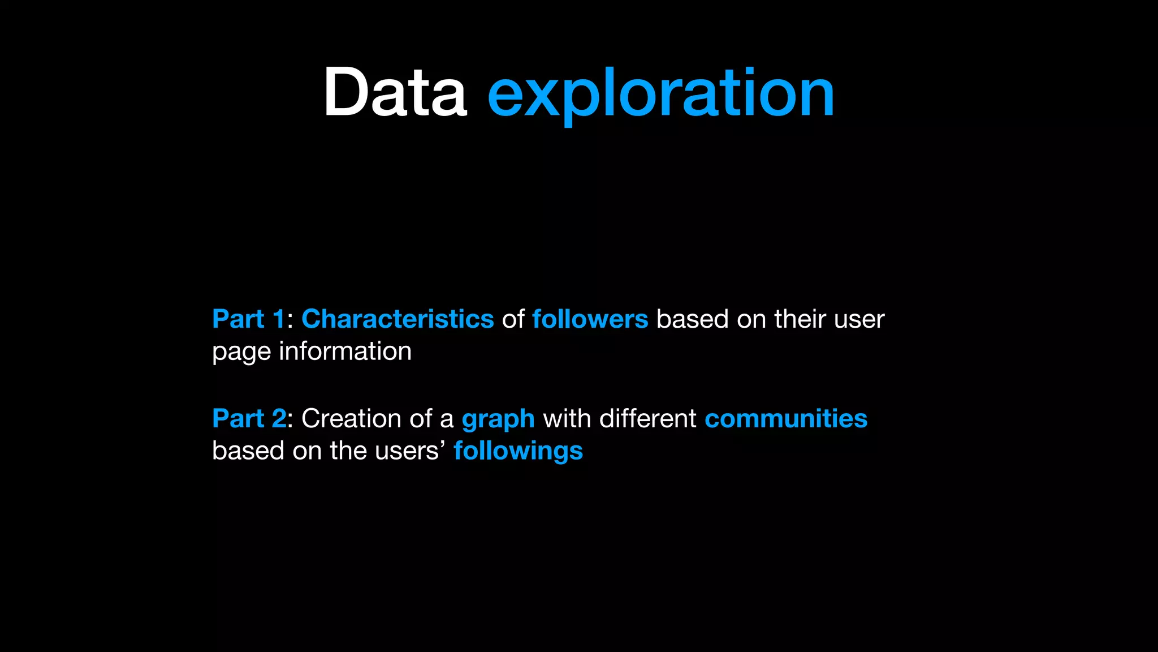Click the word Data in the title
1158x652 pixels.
tap(395, 92)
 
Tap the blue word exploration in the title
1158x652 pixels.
tap(660, 93)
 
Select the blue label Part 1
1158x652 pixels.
tap(248, 319)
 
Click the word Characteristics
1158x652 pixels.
tap(397, 319)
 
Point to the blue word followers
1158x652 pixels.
tap(590, 319)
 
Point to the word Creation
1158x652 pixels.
tap(351, 419)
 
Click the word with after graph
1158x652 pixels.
tap(567, 419)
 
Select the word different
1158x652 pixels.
tap(647, 419)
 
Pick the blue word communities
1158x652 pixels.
tap(785, 419)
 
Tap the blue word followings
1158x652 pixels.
tap(518, 452)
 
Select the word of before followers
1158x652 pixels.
tap(513, 319)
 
